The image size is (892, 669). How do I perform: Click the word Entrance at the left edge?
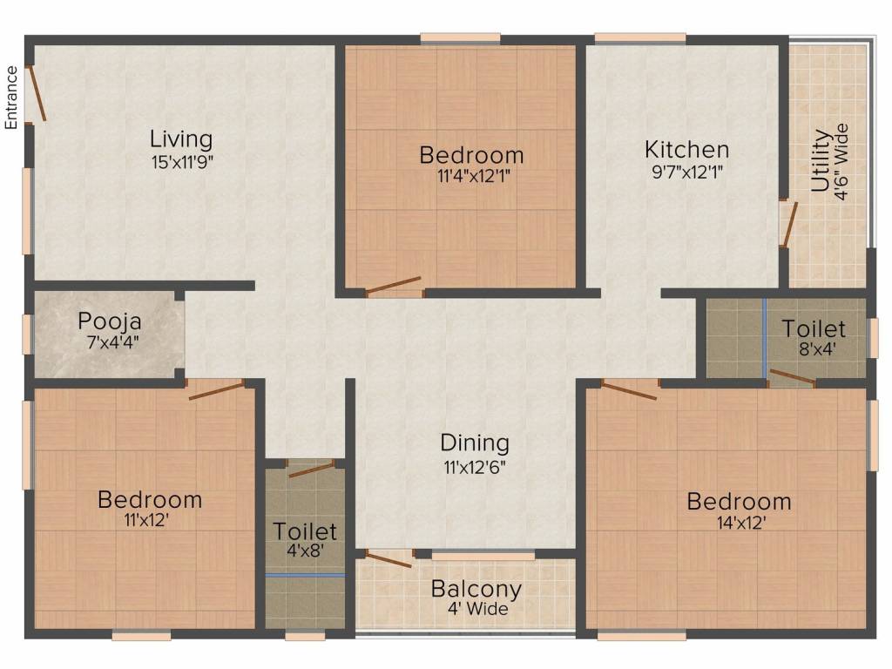click(12, 97)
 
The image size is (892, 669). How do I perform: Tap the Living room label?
click(181, 139)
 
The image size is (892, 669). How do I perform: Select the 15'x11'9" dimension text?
click(181, 161)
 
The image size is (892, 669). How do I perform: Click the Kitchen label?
click(686, 149)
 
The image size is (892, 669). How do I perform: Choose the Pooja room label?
click(110, 319)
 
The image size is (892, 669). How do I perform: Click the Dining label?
click(475, 443)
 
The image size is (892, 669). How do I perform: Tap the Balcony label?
click(476, 589)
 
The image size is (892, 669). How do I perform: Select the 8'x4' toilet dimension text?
click(813, 350)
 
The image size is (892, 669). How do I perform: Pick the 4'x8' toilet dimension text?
click(305, 552)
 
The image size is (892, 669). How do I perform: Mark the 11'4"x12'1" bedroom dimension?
click(471, 176)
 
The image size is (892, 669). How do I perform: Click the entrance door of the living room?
click(36, 92)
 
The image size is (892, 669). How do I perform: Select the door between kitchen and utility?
click(787, 223)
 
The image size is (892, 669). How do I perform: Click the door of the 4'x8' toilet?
click(311, 470)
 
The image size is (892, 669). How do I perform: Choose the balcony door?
click(388, 557)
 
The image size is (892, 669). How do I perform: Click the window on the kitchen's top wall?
click(639, 38)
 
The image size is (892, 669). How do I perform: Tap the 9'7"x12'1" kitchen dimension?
click(686, 172)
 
